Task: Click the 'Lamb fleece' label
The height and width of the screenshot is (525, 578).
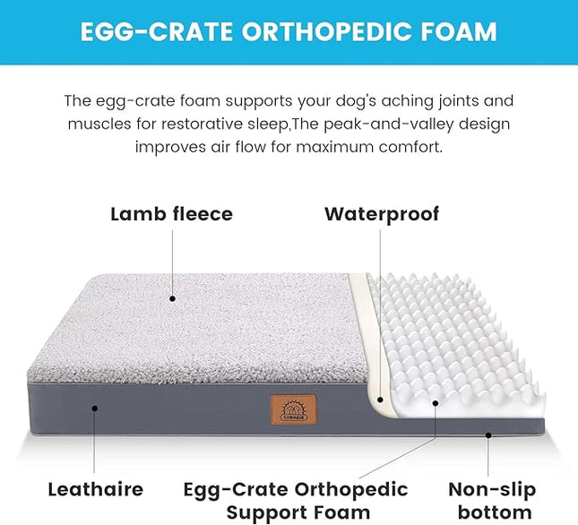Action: pos(171,214)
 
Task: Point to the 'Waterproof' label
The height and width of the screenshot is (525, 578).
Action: pos(382,214)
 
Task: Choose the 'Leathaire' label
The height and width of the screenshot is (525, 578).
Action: pos(95,489)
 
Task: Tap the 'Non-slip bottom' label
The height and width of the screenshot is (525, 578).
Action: pos(492,501)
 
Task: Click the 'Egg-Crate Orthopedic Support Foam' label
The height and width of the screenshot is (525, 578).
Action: pos(296,501)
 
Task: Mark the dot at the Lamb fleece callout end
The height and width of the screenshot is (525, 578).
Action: pos(172,297)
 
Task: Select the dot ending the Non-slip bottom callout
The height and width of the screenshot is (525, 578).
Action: pos(489,436)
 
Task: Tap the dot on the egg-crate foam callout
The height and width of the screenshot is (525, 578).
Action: pos(436,402)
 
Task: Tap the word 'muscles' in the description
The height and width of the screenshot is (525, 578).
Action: pos(97,124)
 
